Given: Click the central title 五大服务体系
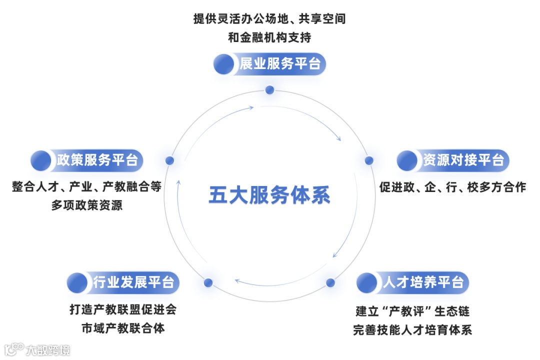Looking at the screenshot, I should [x=269, y=195].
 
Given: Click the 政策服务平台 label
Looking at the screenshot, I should [x=97, y=160].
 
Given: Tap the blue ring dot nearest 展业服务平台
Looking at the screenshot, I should [x=269, y=90].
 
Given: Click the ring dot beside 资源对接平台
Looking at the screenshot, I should [x=369, y=160].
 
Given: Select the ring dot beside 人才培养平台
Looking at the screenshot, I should [x=330, y=282].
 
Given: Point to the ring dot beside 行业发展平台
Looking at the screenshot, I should [x=208, y=282].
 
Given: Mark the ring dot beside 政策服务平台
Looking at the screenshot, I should [x=170, y=160].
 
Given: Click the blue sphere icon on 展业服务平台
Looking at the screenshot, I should [x=223, y=64].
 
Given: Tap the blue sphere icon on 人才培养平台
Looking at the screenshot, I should [x=367, y=282].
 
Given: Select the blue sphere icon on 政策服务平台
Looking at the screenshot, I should [x=41, y=160].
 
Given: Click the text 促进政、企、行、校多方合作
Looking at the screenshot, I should [x=452, y=187].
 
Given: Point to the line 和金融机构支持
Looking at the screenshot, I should [x=269, y=37].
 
